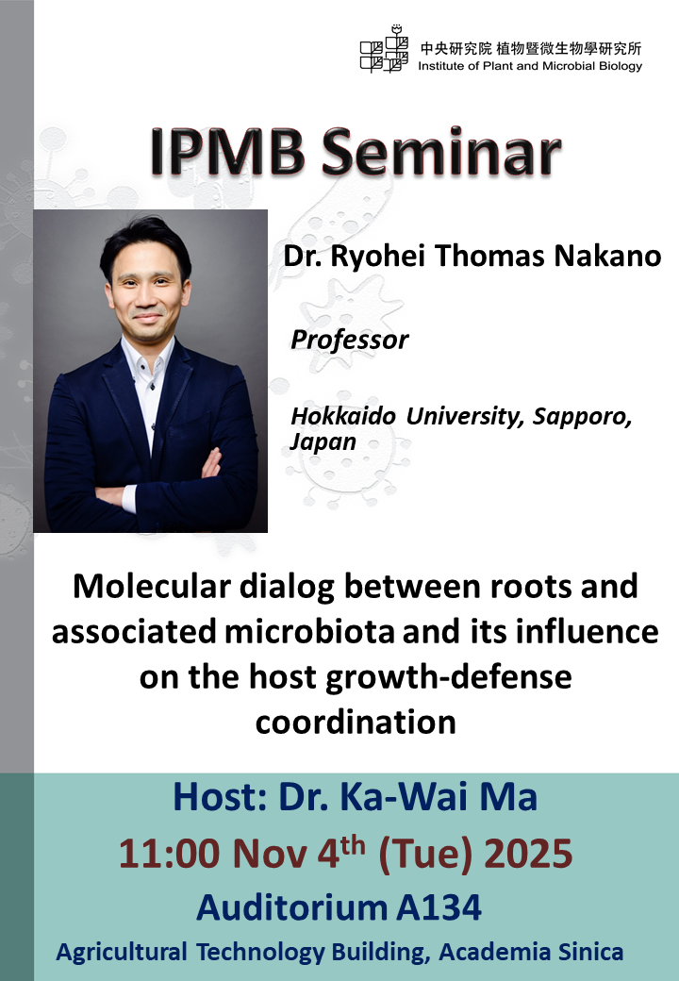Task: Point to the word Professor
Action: point(349,340)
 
